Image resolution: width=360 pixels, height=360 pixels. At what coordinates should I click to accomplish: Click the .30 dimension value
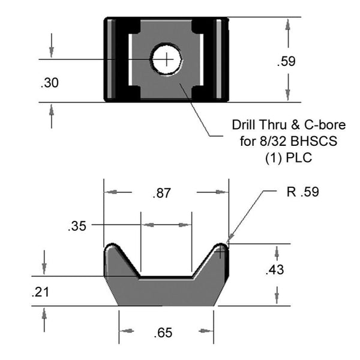(x=50, y=83)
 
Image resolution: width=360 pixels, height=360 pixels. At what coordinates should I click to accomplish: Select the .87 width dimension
(x=162, y=193)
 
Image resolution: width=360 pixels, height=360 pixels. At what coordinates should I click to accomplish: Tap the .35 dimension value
(x=77, y=226)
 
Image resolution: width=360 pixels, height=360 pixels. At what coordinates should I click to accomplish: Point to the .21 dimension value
(x=40, y=292)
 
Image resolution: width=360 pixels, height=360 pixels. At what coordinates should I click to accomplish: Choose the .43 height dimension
(x=275, y=269)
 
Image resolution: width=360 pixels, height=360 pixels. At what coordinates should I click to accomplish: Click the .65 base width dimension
(x=163, y=333)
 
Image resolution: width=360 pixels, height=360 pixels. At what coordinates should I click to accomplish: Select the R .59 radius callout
(x=303, y=192)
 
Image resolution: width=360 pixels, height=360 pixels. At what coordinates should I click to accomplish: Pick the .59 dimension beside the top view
(x=286, y=61)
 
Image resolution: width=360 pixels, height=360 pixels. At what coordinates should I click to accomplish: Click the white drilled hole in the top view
(x=167, y=59)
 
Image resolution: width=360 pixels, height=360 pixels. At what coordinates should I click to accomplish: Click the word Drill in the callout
(x=244, y=125)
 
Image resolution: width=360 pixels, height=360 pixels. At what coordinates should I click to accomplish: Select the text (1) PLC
(x=289, y=158)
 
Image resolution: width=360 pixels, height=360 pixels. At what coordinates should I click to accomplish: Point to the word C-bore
(x=325, y=125)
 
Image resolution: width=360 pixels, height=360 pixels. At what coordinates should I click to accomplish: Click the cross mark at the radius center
(x=220, y=251)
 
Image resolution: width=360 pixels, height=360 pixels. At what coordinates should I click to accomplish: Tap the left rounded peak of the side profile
(x=112, y=245)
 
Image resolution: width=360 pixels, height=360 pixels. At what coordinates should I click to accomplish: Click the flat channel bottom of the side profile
(x=166, y=277)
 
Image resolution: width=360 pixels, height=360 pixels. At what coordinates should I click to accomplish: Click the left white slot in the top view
(x=130, y=59)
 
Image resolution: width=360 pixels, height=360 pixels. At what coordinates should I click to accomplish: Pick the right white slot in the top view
(x=202, y=59)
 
